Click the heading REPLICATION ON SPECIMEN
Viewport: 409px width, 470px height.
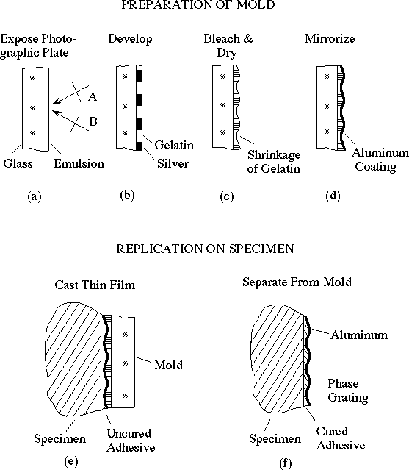coord(205,249)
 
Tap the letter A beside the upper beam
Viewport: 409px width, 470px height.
coord(93,96)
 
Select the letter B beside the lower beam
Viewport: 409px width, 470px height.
coord(93,121)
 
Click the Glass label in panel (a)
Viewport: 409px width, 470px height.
coord(18,164)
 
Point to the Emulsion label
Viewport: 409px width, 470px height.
coord(79,164)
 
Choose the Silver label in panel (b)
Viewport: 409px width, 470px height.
coord(173,164)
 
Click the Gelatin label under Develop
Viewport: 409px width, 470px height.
coord(174,145)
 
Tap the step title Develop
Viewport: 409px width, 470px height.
coord(130,39)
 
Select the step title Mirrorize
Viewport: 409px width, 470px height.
coord(330,38)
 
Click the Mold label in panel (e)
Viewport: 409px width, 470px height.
coord(168,365)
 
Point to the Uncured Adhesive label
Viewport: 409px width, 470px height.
coord(131,441)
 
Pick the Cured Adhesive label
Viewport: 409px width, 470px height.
coord(341,438)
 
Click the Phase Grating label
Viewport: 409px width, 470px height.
coord(348,391)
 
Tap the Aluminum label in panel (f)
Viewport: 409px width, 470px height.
coord(359,335)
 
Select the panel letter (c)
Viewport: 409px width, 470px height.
coord(226,196)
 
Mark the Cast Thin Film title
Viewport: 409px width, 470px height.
coord(95,285)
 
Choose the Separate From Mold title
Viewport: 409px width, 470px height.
coord(297,282)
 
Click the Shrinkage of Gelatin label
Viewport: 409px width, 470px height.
coord(274,162)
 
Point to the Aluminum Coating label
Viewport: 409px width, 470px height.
coord(380,160)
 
